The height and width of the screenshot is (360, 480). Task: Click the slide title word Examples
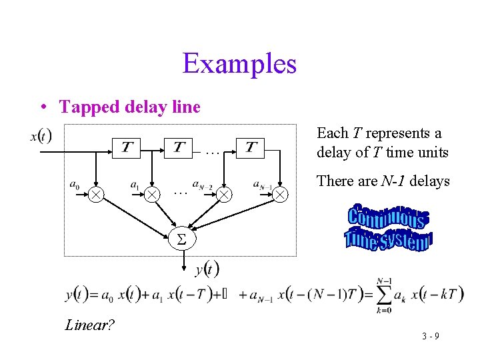tap(239, 64)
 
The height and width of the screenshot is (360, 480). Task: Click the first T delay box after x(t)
tap(126, 147)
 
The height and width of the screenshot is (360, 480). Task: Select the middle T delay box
tap(180, 147)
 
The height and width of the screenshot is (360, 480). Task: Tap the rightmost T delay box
tap(251, 147)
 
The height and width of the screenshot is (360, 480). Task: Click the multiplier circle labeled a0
tap(97, 194)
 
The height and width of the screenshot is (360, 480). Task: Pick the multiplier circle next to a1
tap(153, 194)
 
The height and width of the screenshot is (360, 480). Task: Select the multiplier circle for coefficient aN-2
tap(225, 194)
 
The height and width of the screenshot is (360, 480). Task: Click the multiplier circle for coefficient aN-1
tap(281, 194)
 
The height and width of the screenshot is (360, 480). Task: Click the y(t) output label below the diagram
tap(207, 270)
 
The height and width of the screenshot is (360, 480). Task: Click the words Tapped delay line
tap(129, 107)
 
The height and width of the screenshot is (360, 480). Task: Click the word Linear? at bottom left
tap(90, 325)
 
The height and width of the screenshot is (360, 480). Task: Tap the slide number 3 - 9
tap(430, 336)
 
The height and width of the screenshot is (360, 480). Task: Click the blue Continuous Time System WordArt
tap(389, 229)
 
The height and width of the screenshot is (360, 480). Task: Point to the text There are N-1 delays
tap(383, 181)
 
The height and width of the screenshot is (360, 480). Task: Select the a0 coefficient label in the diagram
tap(75, 185)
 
